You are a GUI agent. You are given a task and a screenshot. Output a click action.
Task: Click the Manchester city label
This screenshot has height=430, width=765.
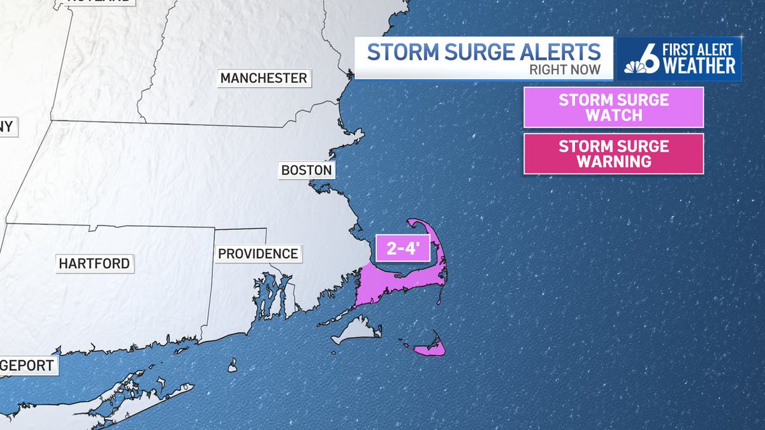263,78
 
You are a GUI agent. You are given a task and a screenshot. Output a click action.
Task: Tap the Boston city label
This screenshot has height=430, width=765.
307,170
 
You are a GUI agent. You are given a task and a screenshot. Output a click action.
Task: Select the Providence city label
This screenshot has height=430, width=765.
258,254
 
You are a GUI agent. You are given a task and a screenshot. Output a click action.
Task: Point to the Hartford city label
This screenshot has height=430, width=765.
94,263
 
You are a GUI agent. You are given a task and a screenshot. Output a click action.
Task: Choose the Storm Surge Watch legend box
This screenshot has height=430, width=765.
613,108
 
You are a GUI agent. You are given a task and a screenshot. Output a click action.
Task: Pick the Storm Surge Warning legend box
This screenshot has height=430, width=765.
613,154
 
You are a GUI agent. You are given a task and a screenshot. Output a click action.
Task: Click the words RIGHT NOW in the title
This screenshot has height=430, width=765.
565,70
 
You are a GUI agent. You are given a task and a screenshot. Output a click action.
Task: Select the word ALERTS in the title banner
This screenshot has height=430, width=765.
560,52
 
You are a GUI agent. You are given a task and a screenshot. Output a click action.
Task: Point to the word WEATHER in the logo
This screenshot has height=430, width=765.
699,66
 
